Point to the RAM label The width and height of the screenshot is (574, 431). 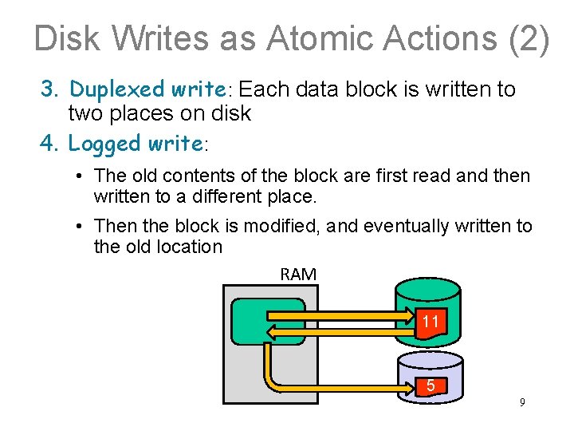298,275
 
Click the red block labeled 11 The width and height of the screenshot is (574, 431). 431,322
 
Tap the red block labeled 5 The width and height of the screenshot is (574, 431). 431,386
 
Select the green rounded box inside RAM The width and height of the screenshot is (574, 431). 268,321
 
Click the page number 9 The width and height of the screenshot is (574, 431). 522,402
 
